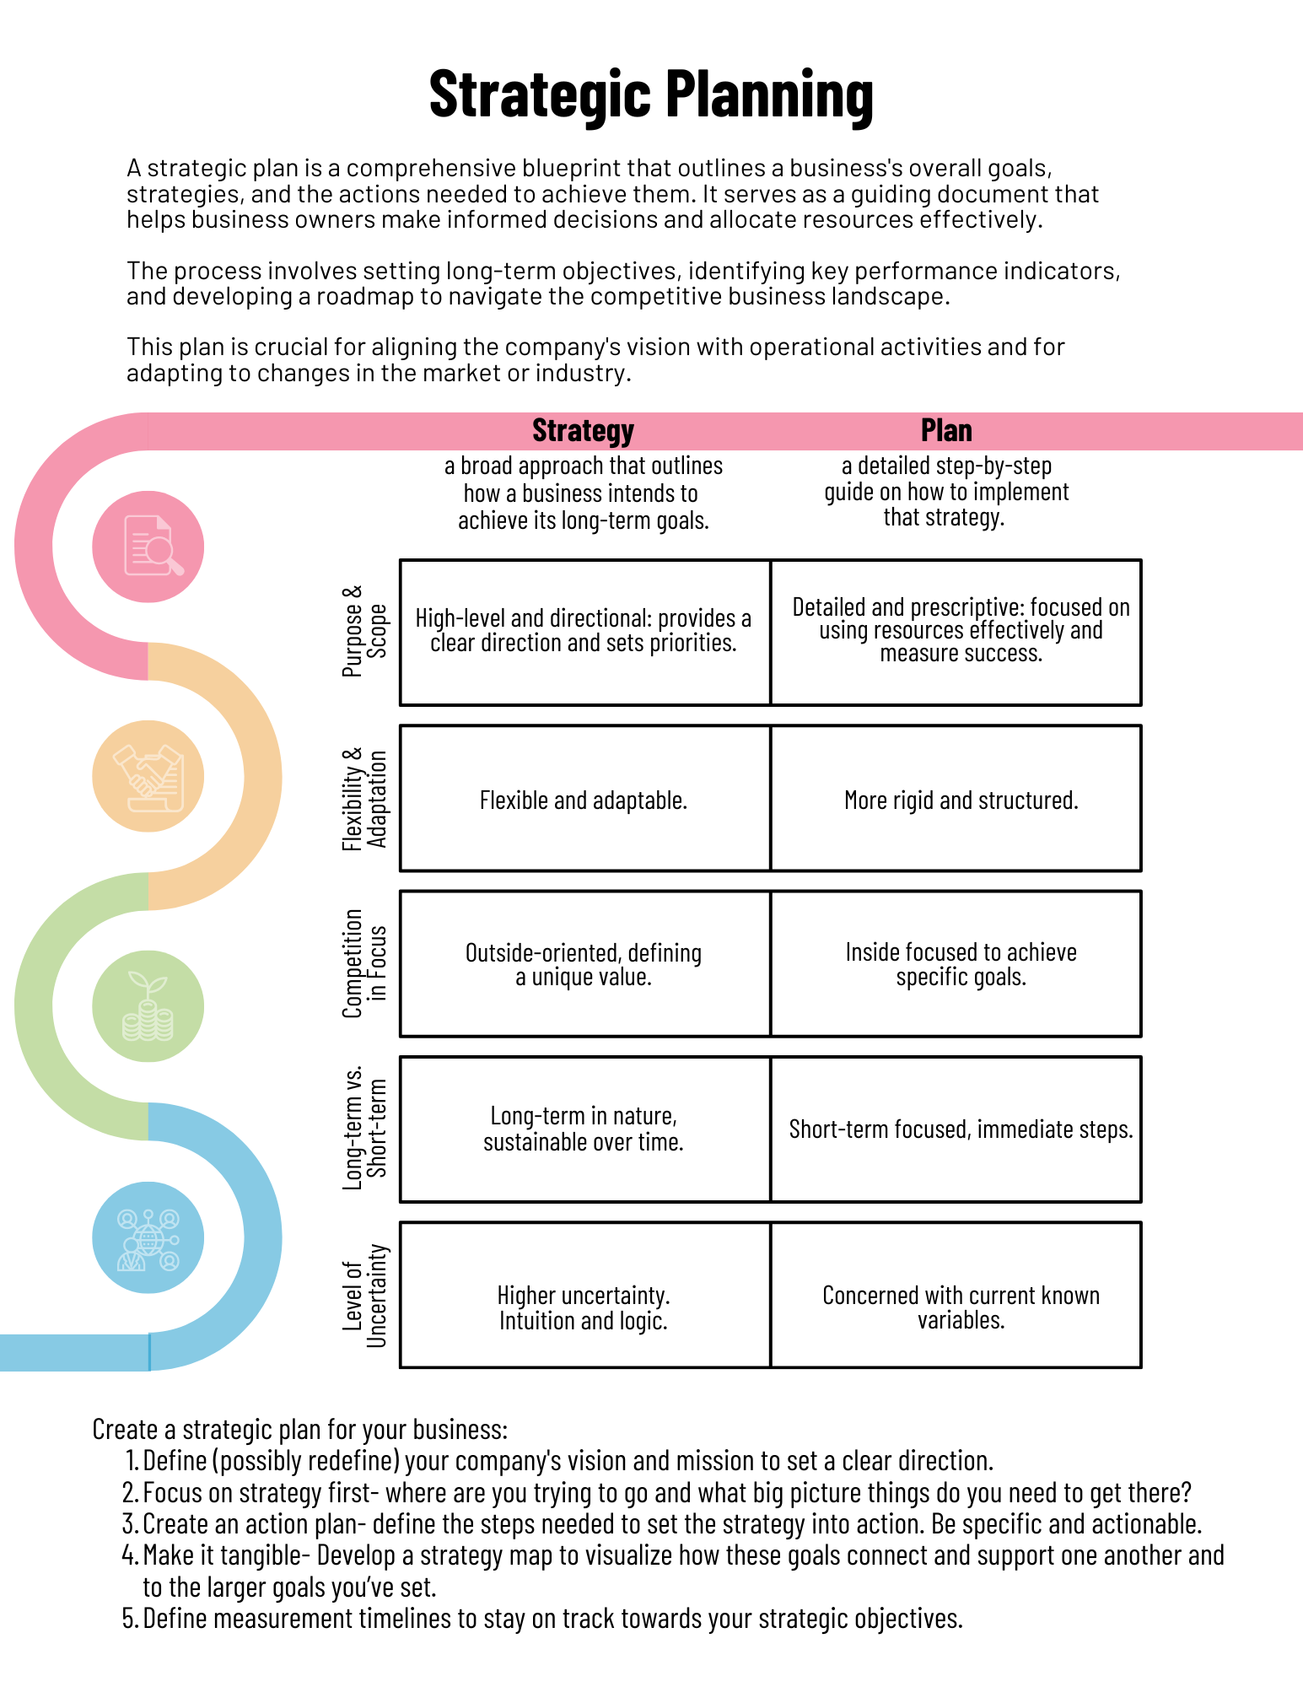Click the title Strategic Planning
(651, 94)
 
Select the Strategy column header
(583, 431)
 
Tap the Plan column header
(946, 431)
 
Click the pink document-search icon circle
(148, 547)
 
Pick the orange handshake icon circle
(148, 776)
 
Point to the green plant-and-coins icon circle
(148, 1006)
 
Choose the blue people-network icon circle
(148, 1237)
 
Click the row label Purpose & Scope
(364, 631)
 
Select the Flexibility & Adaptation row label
(364, 798)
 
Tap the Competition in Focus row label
(364, 963)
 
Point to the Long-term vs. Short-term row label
(364, 1129)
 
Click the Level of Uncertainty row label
(364, 1295)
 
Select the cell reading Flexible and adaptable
(584, 800)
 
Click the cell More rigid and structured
(961, 800)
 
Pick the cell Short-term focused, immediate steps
(961, 1129)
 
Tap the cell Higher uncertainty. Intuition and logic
(584, 1307)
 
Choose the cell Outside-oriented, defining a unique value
(584, 964)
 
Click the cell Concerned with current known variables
(961, 1307)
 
